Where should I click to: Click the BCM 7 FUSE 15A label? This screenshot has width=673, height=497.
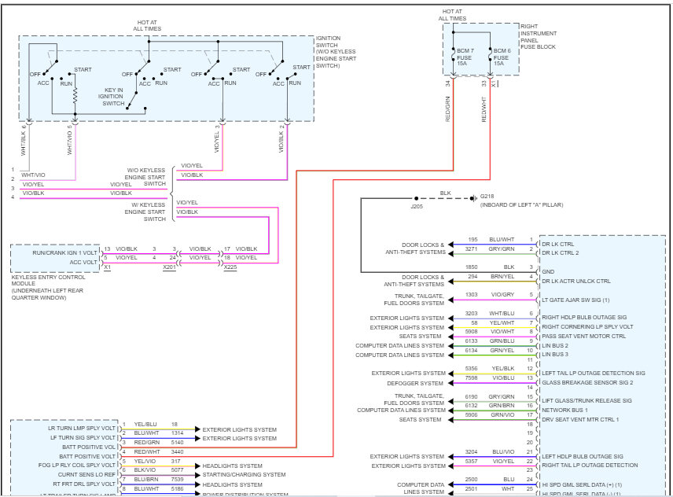point(464,57)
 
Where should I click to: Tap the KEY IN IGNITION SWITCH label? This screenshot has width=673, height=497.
point(114,96)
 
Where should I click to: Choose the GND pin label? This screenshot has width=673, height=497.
point(548,272)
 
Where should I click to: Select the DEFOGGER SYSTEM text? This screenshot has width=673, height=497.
point(414,382)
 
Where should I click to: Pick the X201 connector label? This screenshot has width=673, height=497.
point(168,267)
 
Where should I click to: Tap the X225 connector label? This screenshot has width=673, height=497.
point(230,267)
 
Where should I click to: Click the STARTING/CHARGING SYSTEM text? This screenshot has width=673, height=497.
point(243,474)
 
